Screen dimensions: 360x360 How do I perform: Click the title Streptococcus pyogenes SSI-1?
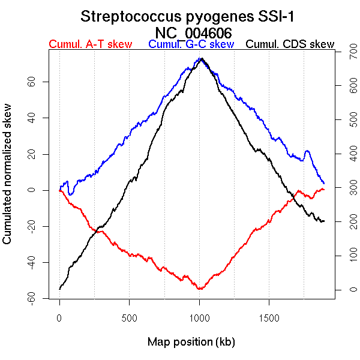click(191, 16)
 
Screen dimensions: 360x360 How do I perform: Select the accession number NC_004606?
click(191, 32)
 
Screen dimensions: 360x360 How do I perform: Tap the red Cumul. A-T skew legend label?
click(90, 44)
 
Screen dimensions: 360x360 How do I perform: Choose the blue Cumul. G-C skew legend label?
click(191, 44)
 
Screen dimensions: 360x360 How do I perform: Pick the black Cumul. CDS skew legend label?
click(290, 44)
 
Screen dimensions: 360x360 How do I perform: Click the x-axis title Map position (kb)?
click(191, 342)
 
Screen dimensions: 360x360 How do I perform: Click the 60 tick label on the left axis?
click(30, 81)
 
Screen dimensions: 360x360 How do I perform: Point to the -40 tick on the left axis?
click(30, 263)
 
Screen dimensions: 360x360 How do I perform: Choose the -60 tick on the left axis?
click(30, 299)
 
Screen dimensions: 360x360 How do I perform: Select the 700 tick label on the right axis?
click(346, 54)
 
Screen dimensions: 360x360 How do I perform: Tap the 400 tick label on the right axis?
click(346, 155)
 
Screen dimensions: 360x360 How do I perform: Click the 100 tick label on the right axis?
click(346, 256)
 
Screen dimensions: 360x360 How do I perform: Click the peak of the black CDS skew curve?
click(202, 59)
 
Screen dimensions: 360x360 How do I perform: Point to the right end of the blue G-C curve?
click(324, 183)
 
